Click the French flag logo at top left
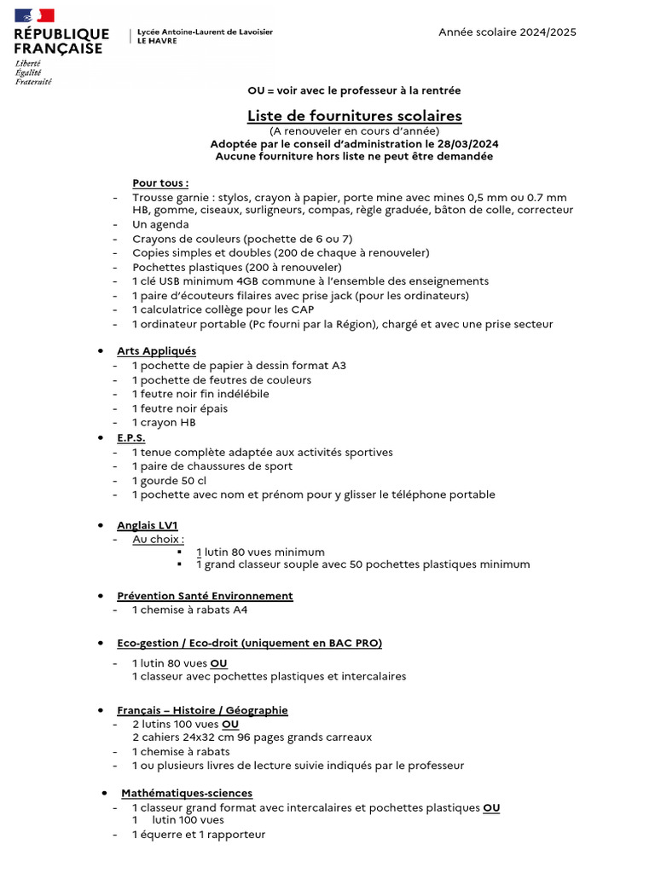pos(34,15)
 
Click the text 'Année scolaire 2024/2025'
pos(507,32)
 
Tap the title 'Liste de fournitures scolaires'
pos(354,115)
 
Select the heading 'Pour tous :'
pos(160,182)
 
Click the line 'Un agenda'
pos(160,224)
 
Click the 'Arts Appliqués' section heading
pos(156,350)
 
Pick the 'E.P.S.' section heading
pos(130,437)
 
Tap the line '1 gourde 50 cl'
pos(169,481)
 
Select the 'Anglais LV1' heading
pos(147,525)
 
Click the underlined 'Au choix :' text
pos(158,540)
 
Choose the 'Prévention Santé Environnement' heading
pos(205,596)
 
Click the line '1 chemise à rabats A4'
pos(189,610)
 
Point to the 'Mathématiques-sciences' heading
pos(186,793)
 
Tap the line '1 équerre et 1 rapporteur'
pos(198,835)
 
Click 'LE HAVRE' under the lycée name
pos(158,41)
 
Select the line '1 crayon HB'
pos(163,422)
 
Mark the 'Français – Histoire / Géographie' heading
pos(202,710)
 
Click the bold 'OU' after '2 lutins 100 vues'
pos(230,724)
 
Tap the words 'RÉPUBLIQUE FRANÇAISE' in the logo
pos(61,41)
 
